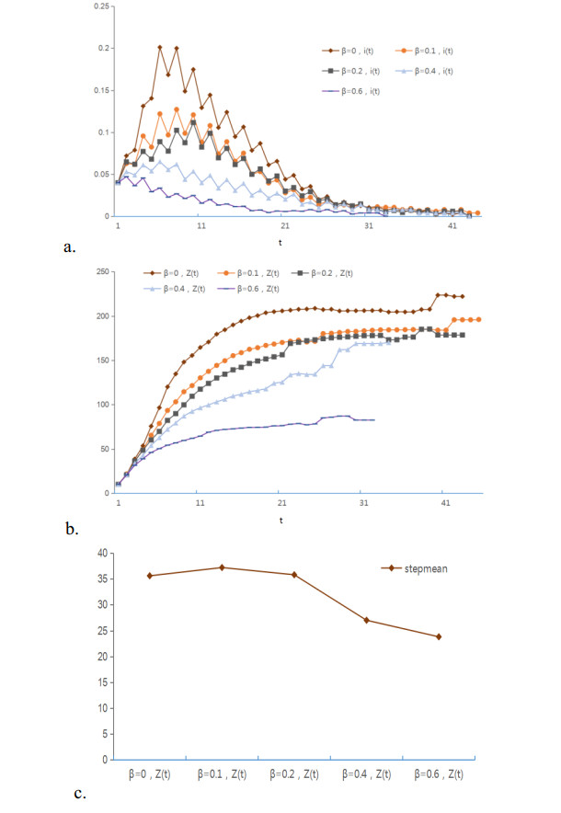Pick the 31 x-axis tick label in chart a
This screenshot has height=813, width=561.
tap(368, 227)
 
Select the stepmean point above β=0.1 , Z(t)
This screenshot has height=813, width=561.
tap(222, 567)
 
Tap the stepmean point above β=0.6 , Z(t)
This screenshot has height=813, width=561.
tap(439, 636)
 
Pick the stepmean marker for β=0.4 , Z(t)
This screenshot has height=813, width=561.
tap(366, 620)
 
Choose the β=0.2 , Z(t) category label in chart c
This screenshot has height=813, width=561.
tap(294, 775)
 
